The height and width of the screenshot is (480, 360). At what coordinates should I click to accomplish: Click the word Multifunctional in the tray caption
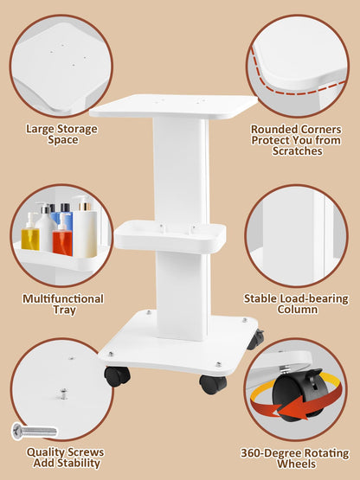pyautogui.click(x=63, y=298)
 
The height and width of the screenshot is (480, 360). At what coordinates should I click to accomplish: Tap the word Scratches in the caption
pyautogui.click(x=297, y=150)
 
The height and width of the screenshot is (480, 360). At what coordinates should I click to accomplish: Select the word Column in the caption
pyautogui.click(x=297, y=309)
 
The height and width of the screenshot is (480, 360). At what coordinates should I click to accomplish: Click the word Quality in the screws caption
pyautogui.click(x=45, y=452)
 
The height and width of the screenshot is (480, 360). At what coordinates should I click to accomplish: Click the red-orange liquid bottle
pyautogui.click(x=62, y=236)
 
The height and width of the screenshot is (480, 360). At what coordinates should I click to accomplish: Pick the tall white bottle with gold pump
pyautogui.click(x=85, y=228)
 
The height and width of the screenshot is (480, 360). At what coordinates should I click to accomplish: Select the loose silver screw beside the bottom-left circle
pyautogui.click(x=35, y=431)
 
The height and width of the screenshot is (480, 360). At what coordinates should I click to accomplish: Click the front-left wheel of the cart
pyautogui.click(x=117, y=375)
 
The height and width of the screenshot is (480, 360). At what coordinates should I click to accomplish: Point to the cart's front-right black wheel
pyautogui.click(x=213, y=384)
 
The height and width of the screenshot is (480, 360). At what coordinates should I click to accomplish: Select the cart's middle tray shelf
pyautogui.click(x=170, y=236)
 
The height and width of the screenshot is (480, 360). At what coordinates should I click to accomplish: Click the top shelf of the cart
pyautogui.click(x=173, y=106)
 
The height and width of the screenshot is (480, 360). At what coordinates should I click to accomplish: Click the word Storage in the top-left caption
pyautogui.click(x=78, y=129)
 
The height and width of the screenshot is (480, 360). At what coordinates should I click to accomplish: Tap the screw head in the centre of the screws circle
pyautogui.click(x=64, y=393)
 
